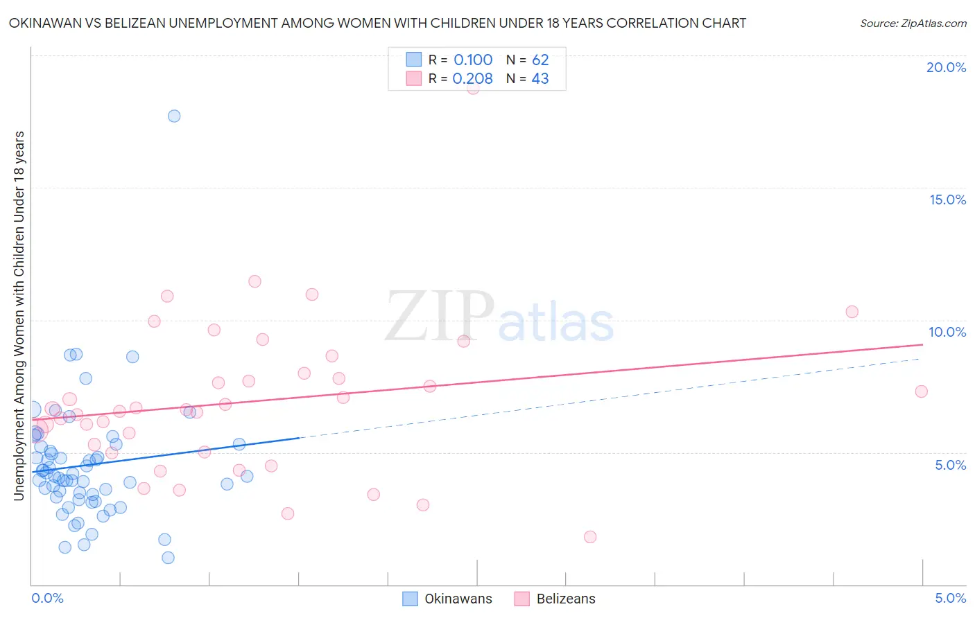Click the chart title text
pyautogui.click(x=377, y=23)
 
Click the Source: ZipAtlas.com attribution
pyautogui.click(x=913, y=23)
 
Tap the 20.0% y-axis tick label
pyautogui.click(x=946, y=67)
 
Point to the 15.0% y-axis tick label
pyautogui.click(x=947, y=200)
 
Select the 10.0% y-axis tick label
pyautogui.click(x=947, y=332)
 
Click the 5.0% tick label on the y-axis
pyautogui.click(x=950, y=465)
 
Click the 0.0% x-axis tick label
pyautogui.click(x=47, y=598)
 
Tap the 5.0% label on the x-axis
pyautogui.click(x=950, y=598)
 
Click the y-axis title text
pyautogui.click(x=19, y=315)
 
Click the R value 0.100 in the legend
pyautogui.click(x=473, y=60)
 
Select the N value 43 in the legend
pyautogui.click(x=540, y=79)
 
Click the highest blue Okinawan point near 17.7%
pyautogui.click(x=174, y=116)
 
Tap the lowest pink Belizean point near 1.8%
pyautogui.click(x=590, y=537)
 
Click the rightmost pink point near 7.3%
pyautogui.click(x=921, y=391)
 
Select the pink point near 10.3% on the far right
pyautogui.click(x=852, y=312)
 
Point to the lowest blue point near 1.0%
pyautogui.click(x=168, y=558)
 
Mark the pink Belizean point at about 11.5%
pyautogui.click(x=254, y=281)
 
